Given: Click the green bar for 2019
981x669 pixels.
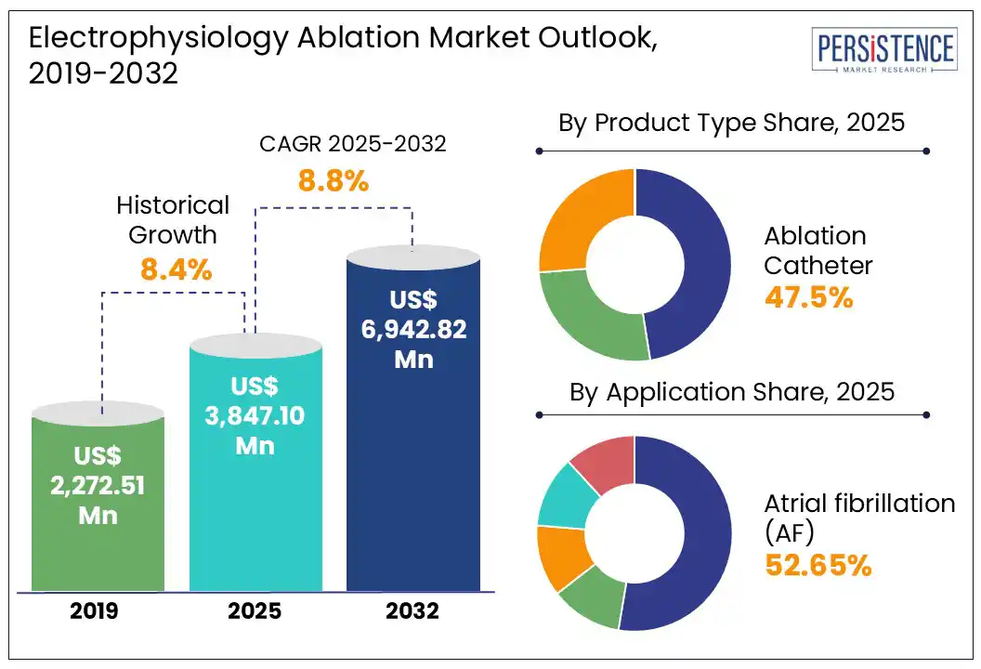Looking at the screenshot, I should [98, 502].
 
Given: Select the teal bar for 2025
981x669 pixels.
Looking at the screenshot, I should [256, 465].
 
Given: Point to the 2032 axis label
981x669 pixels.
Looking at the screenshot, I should [412, 611].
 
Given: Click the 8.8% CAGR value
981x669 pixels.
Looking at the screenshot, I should [334, 180].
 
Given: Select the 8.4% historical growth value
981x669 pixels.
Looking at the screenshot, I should [177, 270].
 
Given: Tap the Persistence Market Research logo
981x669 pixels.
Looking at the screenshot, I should [883, 52].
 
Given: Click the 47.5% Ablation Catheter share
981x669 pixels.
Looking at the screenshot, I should [808, 297].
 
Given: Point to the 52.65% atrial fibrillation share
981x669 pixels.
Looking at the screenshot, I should [817, 565].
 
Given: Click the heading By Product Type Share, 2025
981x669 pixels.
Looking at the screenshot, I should [731, 123].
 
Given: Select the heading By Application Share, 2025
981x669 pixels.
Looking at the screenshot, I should [731, 391].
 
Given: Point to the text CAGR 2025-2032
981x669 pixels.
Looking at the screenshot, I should [352, 144].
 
